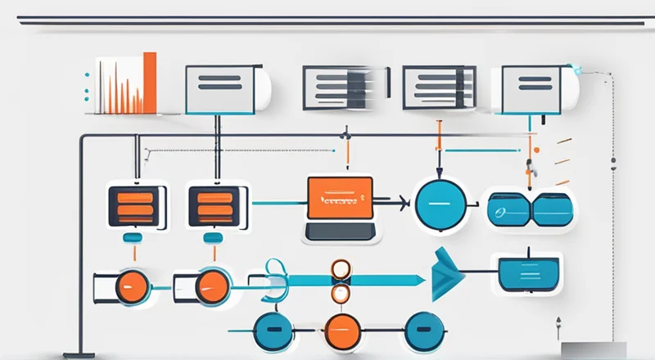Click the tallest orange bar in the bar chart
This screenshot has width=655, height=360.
tap(149, 83)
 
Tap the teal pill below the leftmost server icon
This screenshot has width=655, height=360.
tap(133, 238)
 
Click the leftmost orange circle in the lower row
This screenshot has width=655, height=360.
tap(133, 287)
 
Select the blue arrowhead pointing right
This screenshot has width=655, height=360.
tap(447, 274)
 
